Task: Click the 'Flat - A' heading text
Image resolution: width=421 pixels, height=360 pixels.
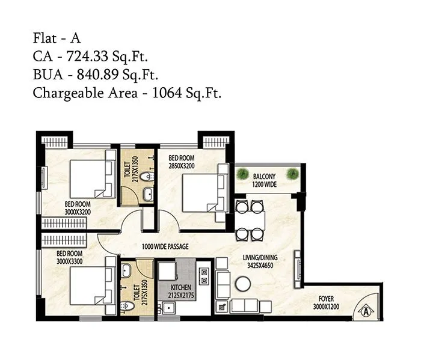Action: coord(57,39)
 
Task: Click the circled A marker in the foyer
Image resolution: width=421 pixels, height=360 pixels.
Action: coord(365,311)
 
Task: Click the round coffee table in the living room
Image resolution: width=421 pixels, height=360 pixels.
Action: coord(242,283)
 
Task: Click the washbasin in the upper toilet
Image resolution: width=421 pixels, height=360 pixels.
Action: coord(148,194)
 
